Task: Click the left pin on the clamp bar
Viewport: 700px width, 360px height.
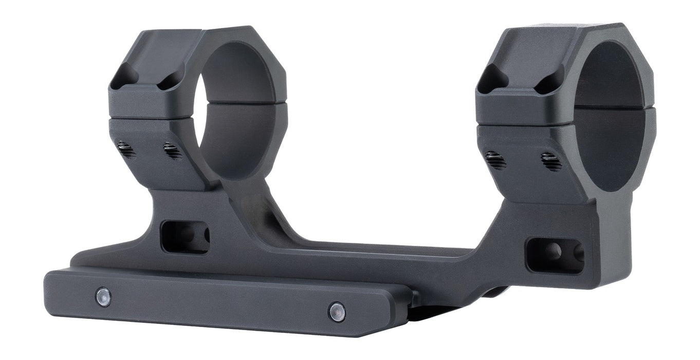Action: coord(103,297)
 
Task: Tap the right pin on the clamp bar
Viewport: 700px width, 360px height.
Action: coord(337,312)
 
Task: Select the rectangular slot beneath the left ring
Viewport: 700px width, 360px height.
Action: coord(185,237)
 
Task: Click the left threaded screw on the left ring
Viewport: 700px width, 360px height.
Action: coord(126,150)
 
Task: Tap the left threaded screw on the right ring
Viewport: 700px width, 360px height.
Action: coord(496,160)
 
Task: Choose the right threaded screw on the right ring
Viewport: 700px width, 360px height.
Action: coord(551,162)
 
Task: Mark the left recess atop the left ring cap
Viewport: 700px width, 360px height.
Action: coord(125,76)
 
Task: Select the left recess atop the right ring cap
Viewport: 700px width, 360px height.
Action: coord(492,81)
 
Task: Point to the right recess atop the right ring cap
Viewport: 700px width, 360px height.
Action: coord(549,82)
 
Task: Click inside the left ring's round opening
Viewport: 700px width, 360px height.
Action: coord(237,108)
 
